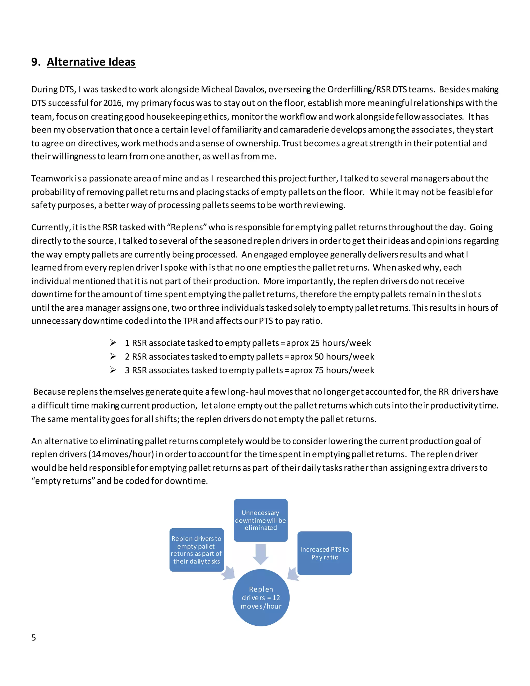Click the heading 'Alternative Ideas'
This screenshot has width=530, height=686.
91,62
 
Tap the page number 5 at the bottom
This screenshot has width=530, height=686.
34,638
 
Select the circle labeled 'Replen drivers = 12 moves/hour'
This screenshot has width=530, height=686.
261,597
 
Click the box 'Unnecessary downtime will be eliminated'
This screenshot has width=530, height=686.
261,520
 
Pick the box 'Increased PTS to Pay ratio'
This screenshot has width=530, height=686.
325,553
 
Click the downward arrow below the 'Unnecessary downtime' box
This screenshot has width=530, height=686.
261,554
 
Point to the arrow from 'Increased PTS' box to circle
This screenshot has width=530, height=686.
293,574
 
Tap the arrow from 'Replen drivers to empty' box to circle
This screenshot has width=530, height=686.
229,573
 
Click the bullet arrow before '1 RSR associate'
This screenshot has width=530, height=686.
113,343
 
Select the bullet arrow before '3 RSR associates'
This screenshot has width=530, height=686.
113,370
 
